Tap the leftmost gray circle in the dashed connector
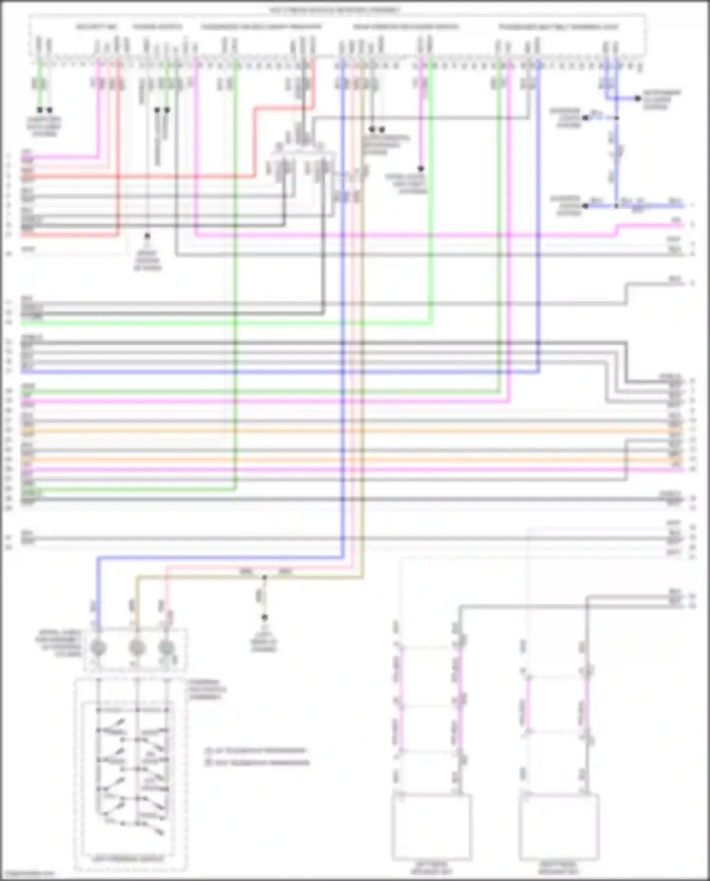(x=98, y=647)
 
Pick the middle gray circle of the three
(x=137, y=647)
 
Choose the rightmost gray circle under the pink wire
(x=166, y=647)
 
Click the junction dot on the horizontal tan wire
(x=264, y=577)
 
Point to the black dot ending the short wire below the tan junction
(x=264, y=617)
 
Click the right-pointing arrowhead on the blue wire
(x=638, y=98)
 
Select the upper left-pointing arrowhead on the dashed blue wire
(x=586, y=117)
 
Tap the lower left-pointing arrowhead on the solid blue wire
(x=586, y=206)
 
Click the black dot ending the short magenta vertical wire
(x=420, y=169)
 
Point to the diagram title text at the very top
(x=335, y=10)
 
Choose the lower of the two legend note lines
(x=261, y=763)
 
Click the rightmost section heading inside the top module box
(x=559, y=27)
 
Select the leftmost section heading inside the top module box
(x=97, y=27)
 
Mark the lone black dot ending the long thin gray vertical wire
(x=147, y=236)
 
